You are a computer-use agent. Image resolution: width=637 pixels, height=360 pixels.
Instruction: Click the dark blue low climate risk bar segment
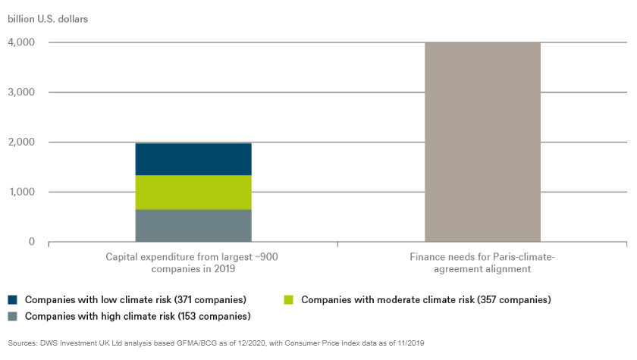(193, 158)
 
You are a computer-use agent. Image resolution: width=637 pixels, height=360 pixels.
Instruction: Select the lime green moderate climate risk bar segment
(193, 192)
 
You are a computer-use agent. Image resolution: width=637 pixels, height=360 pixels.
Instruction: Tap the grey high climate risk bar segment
(193, 225)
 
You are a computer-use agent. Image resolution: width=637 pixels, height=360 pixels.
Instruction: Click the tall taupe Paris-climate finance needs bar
(482, 142)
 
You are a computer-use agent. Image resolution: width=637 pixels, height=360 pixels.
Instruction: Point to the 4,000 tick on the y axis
(21, 42)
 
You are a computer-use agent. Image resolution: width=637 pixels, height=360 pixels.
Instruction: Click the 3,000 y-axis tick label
(21, 92)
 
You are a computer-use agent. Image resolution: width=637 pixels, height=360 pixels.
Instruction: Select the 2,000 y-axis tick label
(21, 142)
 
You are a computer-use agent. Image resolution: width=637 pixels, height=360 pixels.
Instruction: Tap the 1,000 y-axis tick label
(21, 193)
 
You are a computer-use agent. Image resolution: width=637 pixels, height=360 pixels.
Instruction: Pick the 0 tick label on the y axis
(31, 243)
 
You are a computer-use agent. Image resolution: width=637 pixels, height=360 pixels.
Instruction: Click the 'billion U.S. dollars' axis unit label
(48, 17)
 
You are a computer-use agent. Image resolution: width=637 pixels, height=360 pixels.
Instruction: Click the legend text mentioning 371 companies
(136, 299)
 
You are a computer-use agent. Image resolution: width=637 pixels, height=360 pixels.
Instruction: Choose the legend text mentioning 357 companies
(425, 299)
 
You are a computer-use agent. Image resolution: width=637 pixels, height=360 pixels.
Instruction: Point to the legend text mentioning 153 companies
(138, 315)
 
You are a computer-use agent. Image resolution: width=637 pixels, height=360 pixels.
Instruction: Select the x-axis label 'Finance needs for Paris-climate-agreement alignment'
(482, 263)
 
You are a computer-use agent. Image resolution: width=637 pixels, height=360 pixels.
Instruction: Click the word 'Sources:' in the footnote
(22, 343)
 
